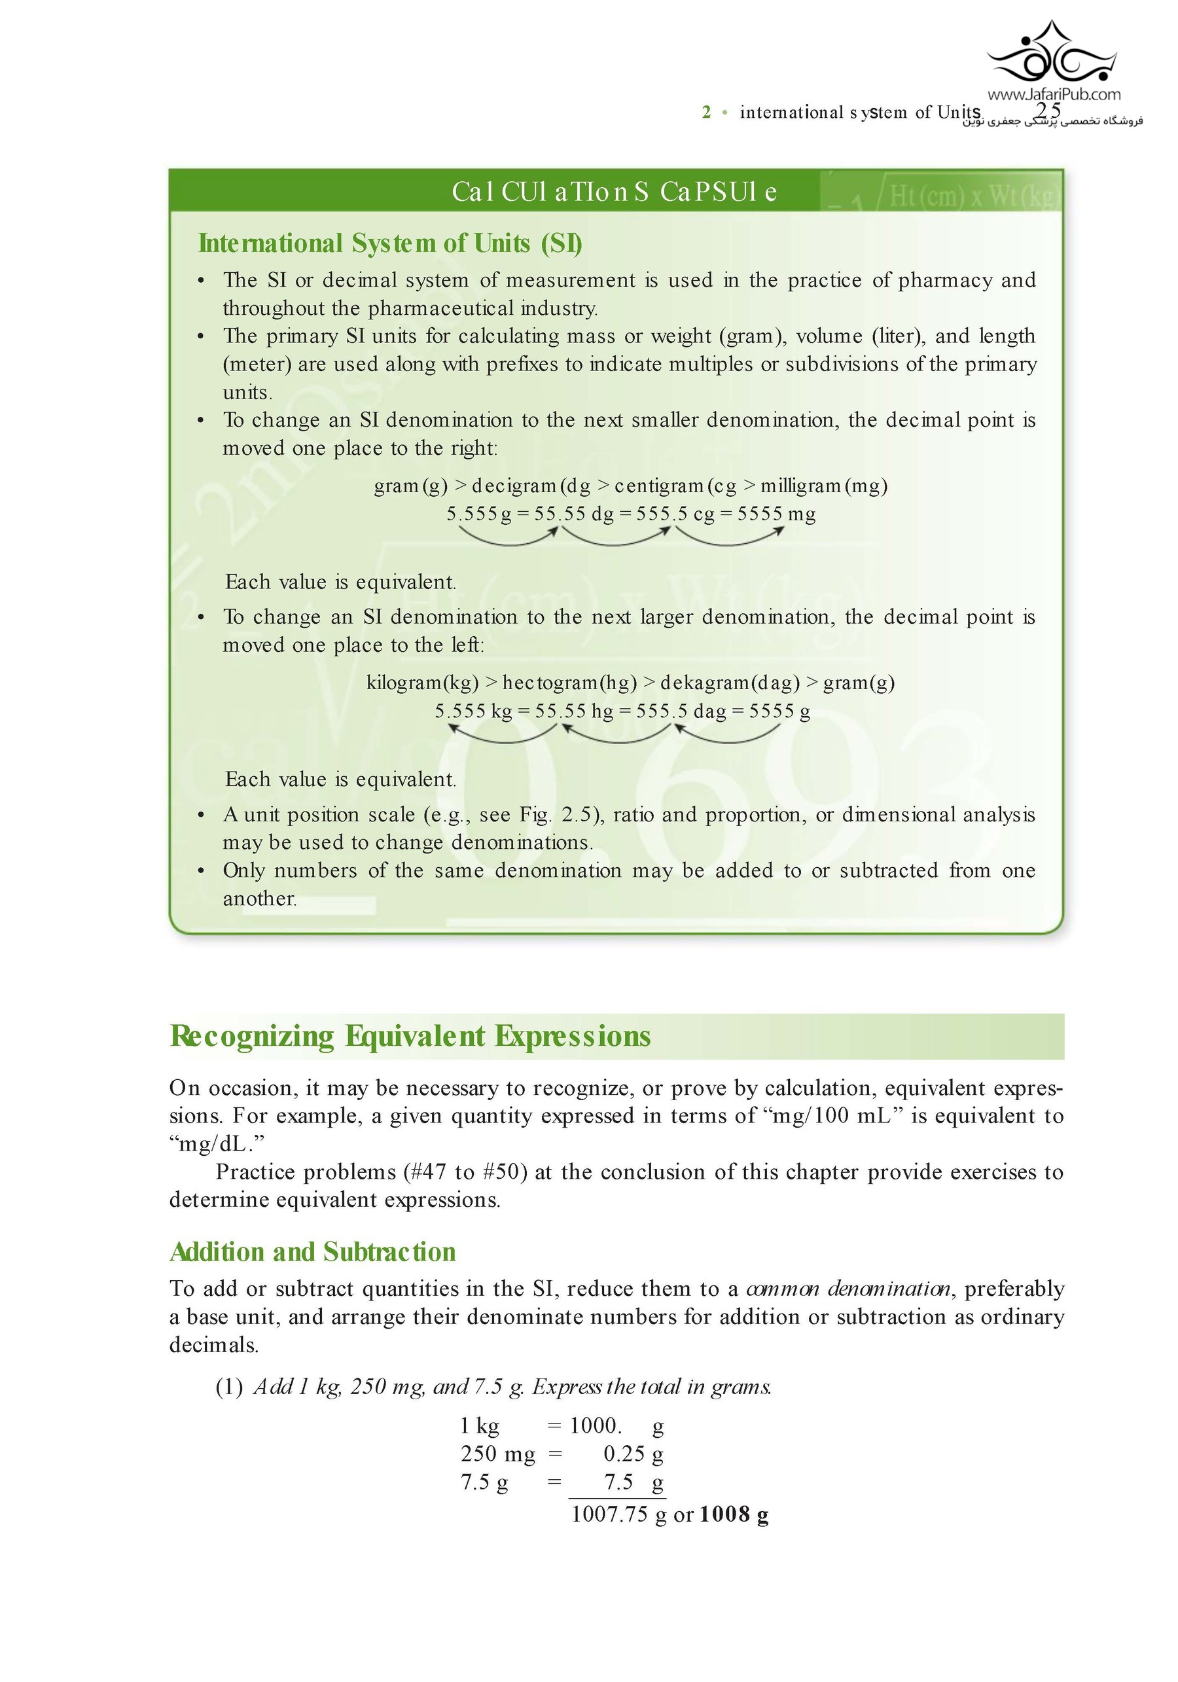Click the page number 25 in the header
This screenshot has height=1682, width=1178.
tap(1049, 111)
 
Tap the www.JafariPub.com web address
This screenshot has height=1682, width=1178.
tap(1054, 94)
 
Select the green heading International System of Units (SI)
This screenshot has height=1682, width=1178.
tap(390, 243)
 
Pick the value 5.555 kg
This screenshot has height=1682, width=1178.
tap(473, 711)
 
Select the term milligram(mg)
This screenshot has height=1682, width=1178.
tap(823, 486)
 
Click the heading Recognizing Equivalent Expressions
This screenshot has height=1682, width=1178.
tap(410, 1036)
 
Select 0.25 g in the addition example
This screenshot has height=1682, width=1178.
tap(633, 1454)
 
